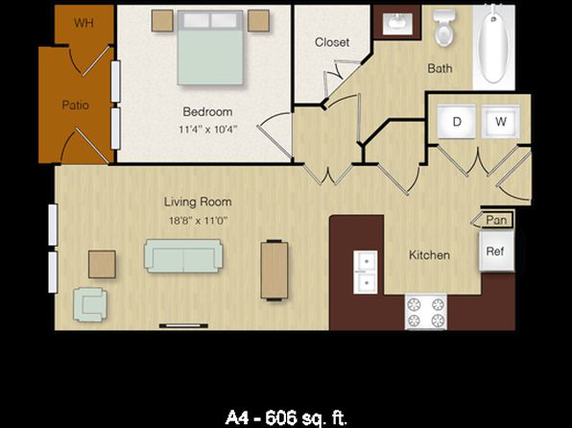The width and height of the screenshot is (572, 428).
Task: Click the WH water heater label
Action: pyautogui.click(x=83, y=23)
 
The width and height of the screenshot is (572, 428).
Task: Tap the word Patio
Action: pyautogui.click(x=76, y=106)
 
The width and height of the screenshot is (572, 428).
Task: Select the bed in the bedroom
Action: pyautogui.click(x=210, y=48)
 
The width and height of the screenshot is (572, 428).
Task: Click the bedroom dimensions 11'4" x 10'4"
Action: pyautogui.click(x=208, y=130)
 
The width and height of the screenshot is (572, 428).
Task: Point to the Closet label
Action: pyautogui.click(x=332, y=42)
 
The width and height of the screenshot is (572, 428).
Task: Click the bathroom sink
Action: pyautogui.click(x=397, y=21)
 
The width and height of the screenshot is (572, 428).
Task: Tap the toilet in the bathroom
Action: pyautogui.click(x=443, y=28)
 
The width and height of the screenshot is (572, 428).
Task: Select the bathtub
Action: pyautogui.click(x=493, y=44)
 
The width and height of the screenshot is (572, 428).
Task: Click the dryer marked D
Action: pyautogui.click(x=457, y=122)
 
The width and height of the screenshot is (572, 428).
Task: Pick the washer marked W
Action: pyautogui.click(x=501, y=122)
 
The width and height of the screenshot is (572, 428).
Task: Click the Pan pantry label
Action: pyautogui.click(x=496, y=220)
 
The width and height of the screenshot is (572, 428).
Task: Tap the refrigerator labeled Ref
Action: pyautogui.click(x=496, y=250)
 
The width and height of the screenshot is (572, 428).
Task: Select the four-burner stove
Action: pyautogui.click(x=426, y=312)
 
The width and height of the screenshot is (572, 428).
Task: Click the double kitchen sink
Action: pyautogui.click(x=365, y=273)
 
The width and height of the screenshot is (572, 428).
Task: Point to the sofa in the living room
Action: pyautogui.click(x=183, y=256)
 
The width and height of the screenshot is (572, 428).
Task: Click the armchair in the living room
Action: pyautogui.click(x=90, y=304)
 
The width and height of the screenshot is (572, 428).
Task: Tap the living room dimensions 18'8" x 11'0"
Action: pyautogui.click(x=198, y=221)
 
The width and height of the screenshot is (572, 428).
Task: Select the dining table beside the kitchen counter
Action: pyautogui.click(x=274, y=271)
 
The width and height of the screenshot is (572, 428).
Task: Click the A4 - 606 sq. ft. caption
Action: pyautogui.click(x=286, y=417)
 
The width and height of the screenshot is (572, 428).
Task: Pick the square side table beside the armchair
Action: pyautogui.click(x=102, y=264)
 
